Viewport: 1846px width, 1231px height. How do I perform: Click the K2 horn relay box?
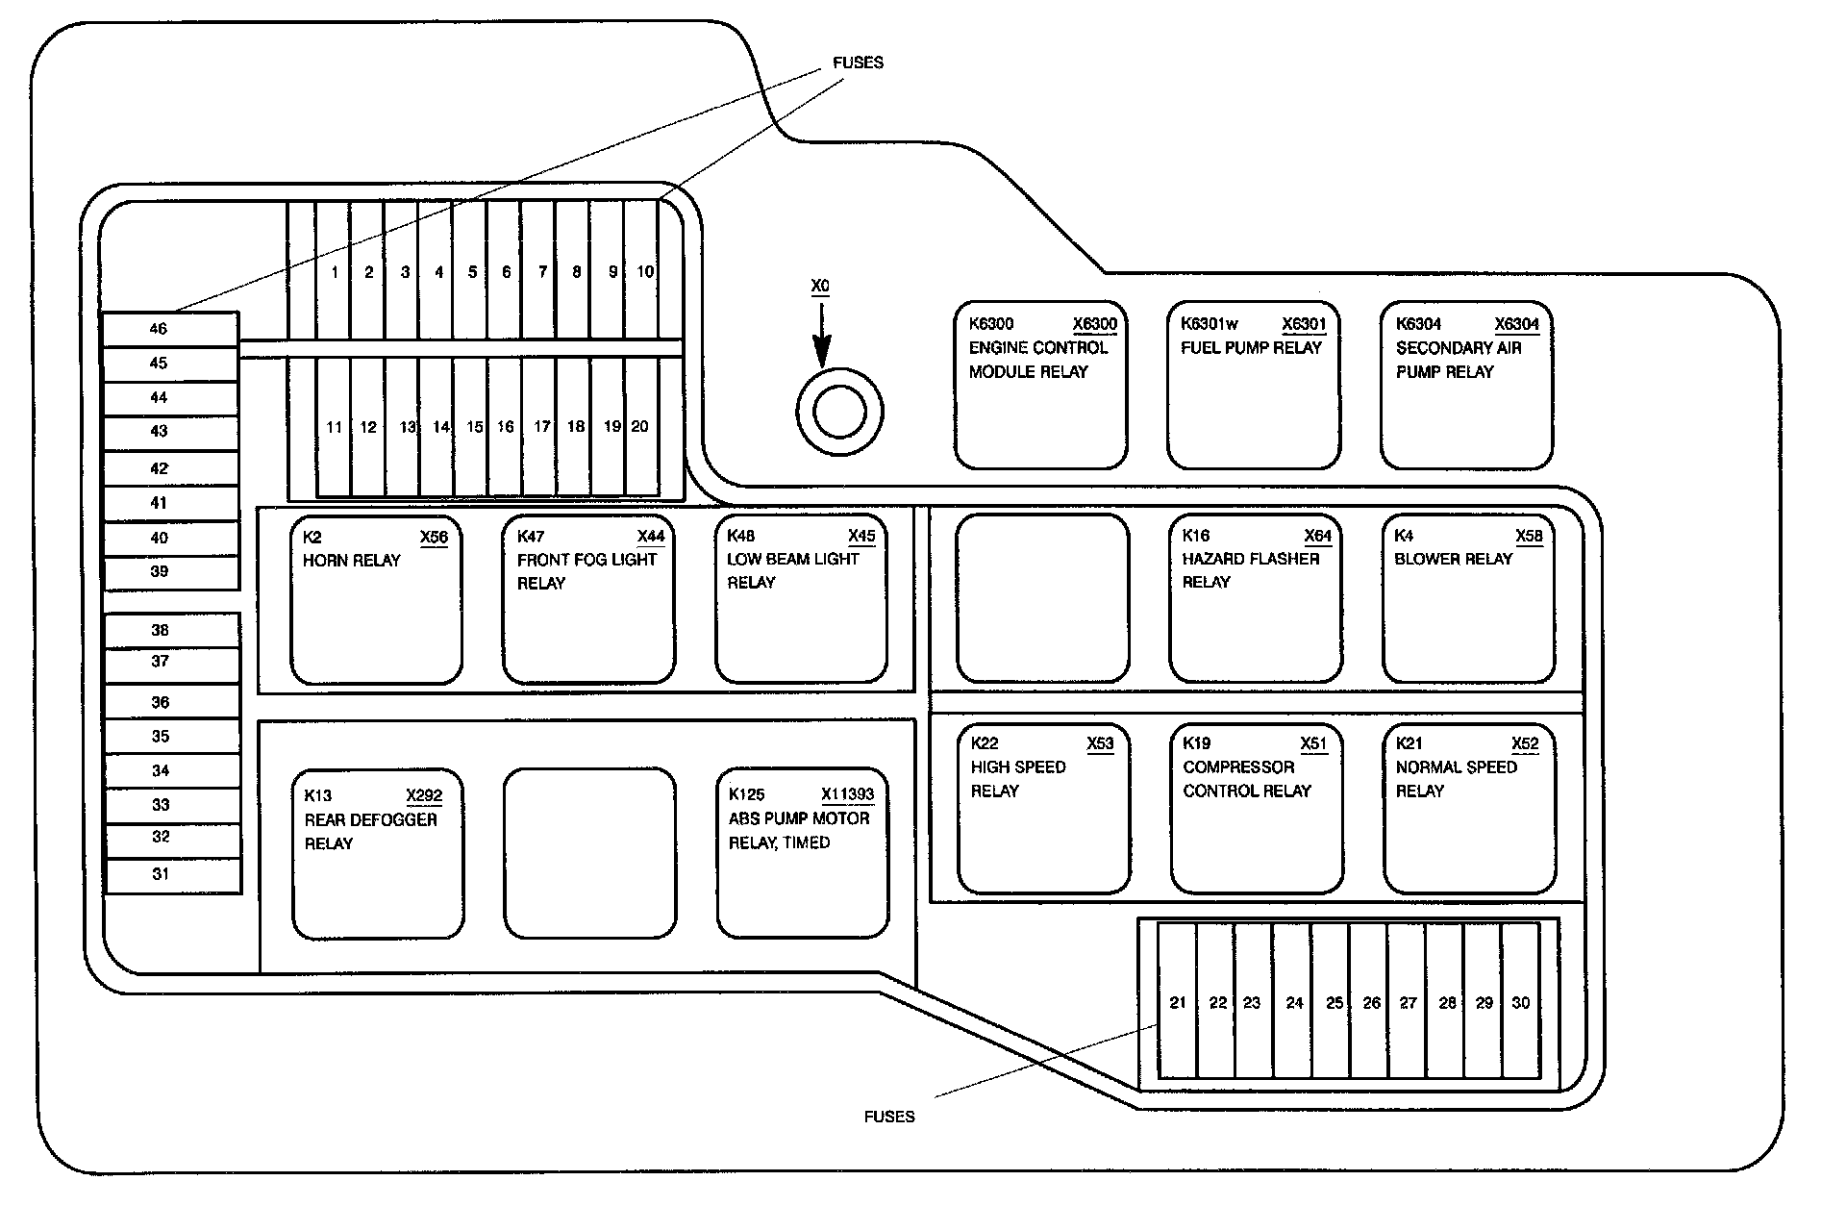(x=376, y=600)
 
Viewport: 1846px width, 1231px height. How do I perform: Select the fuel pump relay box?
(x=1253, y=386)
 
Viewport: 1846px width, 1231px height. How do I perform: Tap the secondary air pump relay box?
(x=1466, y=386)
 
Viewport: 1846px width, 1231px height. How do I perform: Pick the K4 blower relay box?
(x=1468, y=599)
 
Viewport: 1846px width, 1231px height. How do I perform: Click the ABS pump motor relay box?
(x=802, y=852)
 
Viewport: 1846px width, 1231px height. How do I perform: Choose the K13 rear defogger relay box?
(x=378, y=854)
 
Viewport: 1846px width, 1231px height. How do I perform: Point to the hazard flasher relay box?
(x=1255, y=599)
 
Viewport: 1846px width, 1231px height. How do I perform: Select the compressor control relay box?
(x=1256, y=809)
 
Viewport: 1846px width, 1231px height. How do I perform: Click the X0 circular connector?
(x=839, y=413)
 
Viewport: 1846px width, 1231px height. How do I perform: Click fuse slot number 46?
(x=170, y=329)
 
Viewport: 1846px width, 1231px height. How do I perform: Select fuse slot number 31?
(x=172, y=875)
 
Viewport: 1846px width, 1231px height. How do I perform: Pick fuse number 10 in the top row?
(x=644, y=271)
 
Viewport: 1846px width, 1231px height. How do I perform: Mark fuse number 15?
(x=473, y=427)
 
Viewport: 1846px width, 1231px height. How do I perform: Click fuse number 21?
(x=1178, y=1002)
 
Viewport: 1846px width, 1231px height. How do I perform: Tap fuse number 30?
(x=1520, y=1002)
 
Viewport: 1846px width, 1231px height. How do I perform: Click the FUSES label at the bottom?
(x=889, y=1117)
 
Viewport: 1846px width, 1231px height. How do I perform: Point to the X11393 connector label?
(x=847, y=794)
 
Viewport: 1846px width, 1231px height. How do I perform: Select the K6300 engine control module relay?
(x=1040, y=386)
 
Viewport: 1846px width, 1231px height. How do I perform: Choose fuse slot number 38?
(x=172, y=630)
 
